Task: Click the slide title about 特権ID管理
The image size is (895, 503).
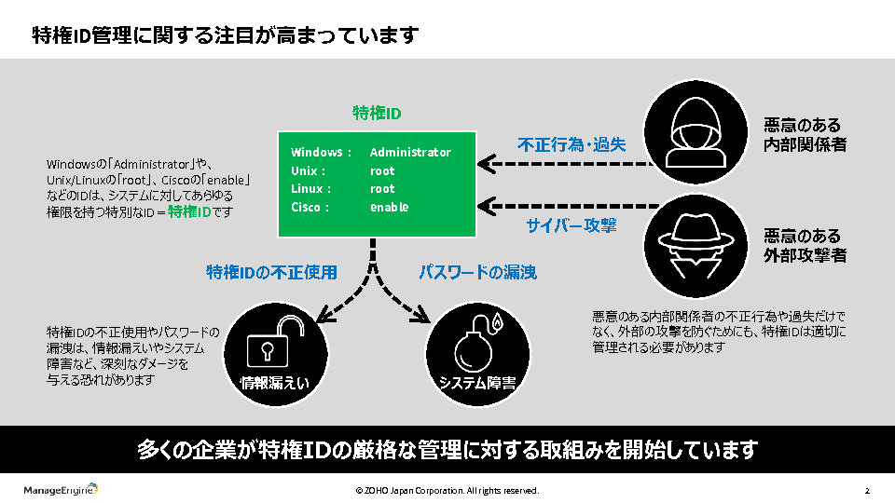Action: tap(225, 35)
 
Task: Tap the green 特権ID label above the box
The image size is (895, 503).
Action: tap(377, 114)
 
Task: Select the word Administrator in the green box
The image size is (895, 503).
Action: tap(410, 152)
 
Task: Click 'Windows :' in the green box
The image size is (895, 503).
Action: tap(322, 152)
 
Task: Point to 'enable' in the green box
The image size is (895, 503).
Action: tap(389, 207)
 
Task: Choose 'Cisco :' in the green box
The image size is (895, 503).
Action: tap(310, 207)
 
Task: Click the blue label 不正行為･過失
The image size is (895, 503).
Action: tap(571, 144)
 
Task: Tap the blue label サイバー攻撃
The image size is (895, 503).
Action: tap(571, 225)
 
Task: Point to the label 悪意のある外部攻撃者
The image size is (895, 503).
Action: tap(805, 245)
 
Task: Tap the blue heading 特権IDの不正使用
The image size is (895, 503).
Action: tap(271, 272)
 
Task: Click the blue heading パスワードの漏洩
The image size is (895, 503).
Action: tap(476, 272)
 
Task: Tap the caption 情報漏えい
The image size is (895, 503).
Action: tap(274, 383)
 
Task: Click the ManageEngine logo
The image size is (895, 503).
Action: tap(61, 490)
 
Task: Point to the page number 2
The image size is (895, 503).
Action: tap(867, 490)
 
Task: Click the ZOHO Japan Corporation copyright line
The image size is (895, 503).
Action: tap(447, 490)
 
